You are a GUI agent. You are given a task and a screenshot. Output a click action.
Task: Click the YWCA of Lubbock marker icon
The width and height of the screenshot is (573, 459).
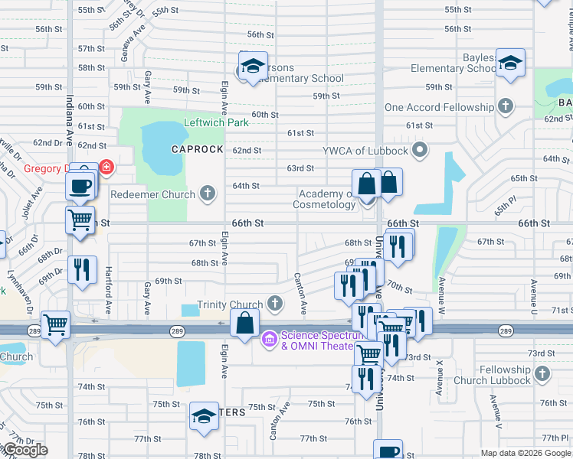pyautogui.click(x=419, y=149)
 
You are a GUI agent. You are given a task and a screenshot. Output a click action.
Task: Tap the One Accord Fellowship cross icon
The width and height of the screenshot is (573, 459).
pyautogui.click(x=505, y=106)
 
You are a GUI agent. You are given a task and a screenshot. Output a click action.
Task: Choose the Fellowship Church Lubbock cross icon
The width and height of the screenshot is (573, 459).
pyautogui.click(x=542, y=373)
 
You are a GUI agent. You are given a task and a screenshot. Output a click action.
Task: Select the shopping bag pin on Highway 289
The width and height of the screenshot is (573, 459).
pyautogui.click(x=244, y=324)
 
